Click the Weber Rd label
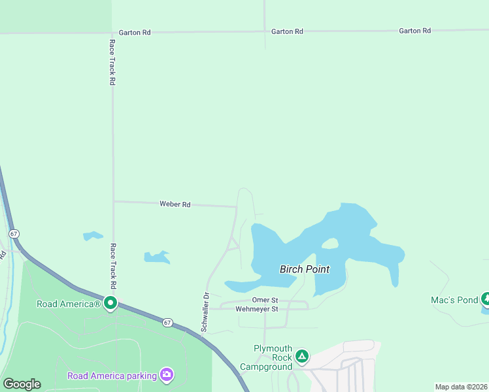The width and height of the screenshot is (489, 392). click(x=175, y=204)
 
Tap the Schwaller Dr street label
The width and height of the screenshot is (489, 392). click(x=205, y=312)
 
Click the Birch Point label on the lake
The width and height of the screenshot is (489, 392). click(x=305, y=269)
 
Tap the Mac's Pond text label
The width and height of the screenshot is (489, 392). click(x=454, y=300)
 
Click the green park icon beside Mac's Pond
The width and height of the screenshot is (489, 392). click(x=486, y=299)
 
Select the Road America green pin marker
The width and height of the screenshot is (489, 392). click(x=110, y=302)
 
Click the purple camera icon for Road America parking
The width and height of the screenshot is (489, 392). click(x=167, y=374)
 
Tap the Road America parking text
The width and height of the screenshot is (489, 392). click(x=112, y=376)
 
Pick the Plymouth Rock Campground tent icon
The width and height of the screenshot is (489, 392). click(x=301, y=356)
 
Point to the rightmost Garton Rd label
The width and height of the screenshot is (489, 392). click(x=415, y=31)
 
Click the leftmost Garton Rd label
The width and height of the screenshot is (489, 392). click(x=135, y=31)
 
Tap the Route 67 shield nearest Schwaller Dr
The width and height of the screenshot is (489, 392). click(x=167, y=323)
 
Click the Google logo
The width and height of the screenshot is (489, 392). click(x=22, y=384)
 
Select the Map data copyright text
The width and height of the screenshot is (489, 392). click(x=461, y=387)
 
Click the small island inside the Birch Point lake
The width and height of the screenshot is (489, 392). click(x=329, y=244)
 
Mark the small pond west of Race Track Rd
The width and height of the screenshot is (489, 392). click(x=92, y=235)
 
